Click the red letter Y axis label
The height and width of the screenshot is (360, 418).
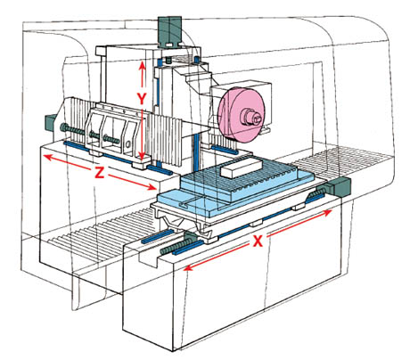point(142,99)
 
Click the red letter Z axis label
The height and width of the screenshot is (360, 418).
point(100,172)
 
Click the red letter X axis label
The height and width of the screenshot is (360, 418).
point(258,241)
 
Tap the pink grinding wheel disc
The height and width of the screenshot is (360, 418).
point(242,114)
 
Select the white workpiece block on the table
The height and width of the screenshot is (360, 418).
point(241,168)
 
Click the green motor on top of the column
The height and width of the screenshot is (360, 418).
point(169,31)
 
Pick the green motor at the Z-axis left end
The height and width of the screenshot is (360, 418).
point(50,123)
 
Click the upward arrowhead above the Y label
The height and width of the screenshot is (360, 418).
point(143,65)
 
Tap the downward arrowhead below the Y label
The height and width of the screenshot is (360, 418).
point(143,156)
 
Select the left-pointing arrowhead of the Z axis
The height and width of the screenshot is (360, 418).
point(48,158)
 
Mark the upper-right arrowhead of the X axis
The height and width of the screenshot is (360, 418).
point(327,213)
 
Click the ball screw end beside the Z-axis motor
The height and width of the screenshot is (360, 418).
point(71,131)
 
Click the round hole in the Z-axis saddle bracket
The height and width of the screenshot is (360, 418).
point(128,144)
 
